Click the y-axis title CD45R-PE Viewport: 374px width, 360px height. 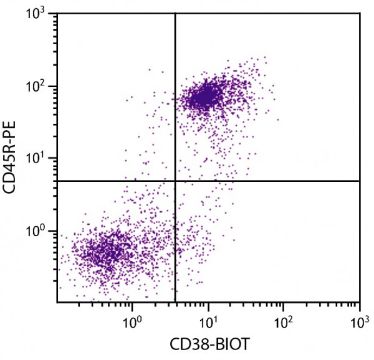(11, 159)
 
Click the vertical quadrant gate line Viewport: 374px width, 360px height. (175, 93)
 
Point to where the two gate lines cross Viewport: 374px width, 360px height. (175, 181)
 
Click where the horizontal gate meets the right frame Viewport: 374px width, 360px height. (360, 181)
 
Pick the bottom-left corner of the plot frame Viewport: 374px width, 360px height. (57, 303)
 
